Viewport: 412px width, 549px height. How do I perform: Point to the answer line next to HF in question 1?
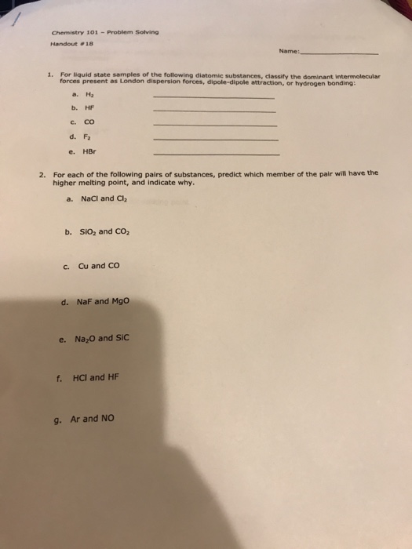tap(215, 111)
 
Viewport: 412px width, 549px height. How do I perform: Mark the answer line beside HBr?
tap(217, 154)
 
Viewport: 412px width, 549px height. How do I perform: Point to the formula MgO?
tap(118, 300)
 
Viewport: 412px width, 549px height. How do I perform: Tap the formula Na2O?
tap(86, 340)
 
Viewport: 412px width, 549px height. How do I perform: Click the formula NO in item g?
tap(106, 418)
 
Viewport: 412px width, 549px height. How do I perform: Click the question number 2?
tap(43, 174)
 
